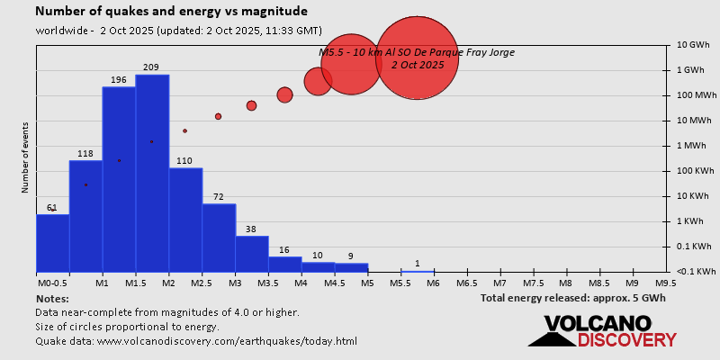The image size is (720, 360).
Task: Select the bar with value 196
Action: coord(118,179)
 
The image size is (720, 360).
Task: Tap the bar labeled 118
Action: coord(85,216)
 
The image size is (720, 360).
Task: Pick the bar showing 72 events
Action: coord(218,238)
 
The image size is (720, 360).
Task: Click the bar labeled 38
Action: coord(251,254)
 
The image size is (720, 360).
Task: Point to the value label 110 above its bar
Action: coord(184,161)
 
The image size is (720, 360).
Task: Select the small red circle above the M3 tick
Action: coord(251,106)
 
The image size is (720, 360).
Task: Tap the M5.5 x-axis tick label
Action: coord(400,283)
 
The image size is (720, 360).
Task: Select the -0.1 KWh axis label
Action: coord(697,272)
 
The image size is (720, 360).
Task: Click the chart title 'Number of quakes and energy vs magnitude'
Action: coord(171,12)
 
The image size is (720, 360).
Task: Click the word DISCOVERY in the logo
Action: coord(626,340)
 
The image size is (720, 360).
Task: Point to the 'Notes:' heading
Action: coord(52,298)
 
